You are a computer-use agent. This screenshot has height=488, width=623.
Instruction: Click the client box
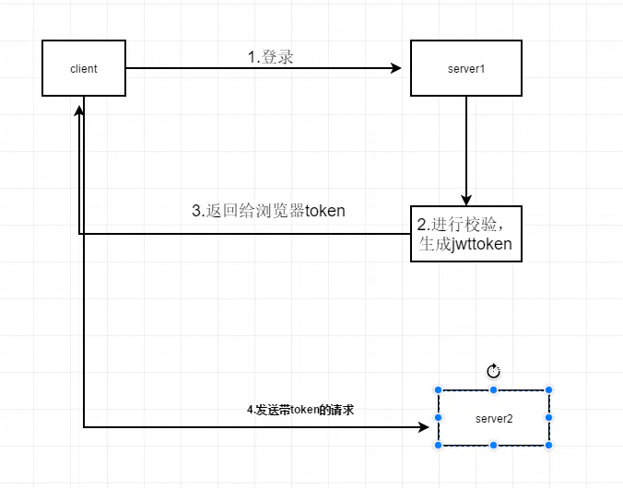pyautogui.click(x=84, y=68)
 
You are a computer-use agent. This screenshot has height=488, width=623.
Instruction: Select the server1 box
pyautogui.click(x=466, y=68)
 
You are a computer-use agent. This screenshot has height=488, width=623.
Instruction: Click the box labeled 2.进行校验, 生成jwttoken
pyautogui.click(x=466, y=234)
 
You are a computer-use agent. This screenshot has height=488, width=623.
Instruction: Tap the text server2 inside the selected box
pyautogui.click(x=494, y=418)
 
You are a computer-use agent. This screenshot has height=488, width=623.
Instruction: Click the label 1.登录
pyautogui.click(x=270, y=57)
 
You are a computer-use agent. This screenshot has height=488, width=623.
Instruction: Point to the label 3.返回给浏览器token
pyautogui.click(x=268, y=211)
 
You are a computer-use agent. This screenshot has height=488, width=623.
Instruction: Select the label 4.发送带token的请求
pyautogui.click(x=300, y=411)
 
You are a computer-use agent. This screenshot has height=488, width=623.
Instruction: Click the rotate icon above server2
pyautogui.click(x=493, y=370)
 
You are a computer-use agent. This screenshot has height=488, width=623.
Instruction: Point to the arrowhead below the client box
pyautogui.click(x=79, y=110)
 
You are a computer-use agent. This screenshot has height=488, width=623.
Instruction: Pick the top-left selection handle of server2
pyautogui.click(x=439, y=390)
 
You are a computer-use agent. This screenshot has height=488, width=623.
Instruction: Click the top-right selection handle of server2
pyautogui.click(x=549, y=390)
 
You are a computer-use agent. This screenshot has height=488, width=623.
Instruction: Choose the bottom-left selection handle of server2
pyautogui.click(x=439, y=446)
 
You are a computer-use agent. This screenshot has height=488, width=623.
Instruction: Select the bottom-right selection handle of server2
pyautogui.click(x=549, y=446)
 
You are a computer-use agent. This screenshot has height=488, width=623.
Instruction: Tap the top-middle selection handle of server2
pyautogui.click(x=494, y=390)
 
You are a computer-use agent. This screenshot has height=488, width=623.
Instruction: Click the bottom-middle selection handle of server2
pyautogui.click(x=494, y=446)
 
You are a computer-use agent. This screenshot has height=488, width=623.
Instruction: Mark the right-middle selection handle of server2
pyautogui.click(x=549, y=418)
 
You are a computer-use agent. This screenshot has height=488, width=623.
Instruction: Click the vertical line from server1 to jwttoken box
pyautogui.click(x=466, y=147)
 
